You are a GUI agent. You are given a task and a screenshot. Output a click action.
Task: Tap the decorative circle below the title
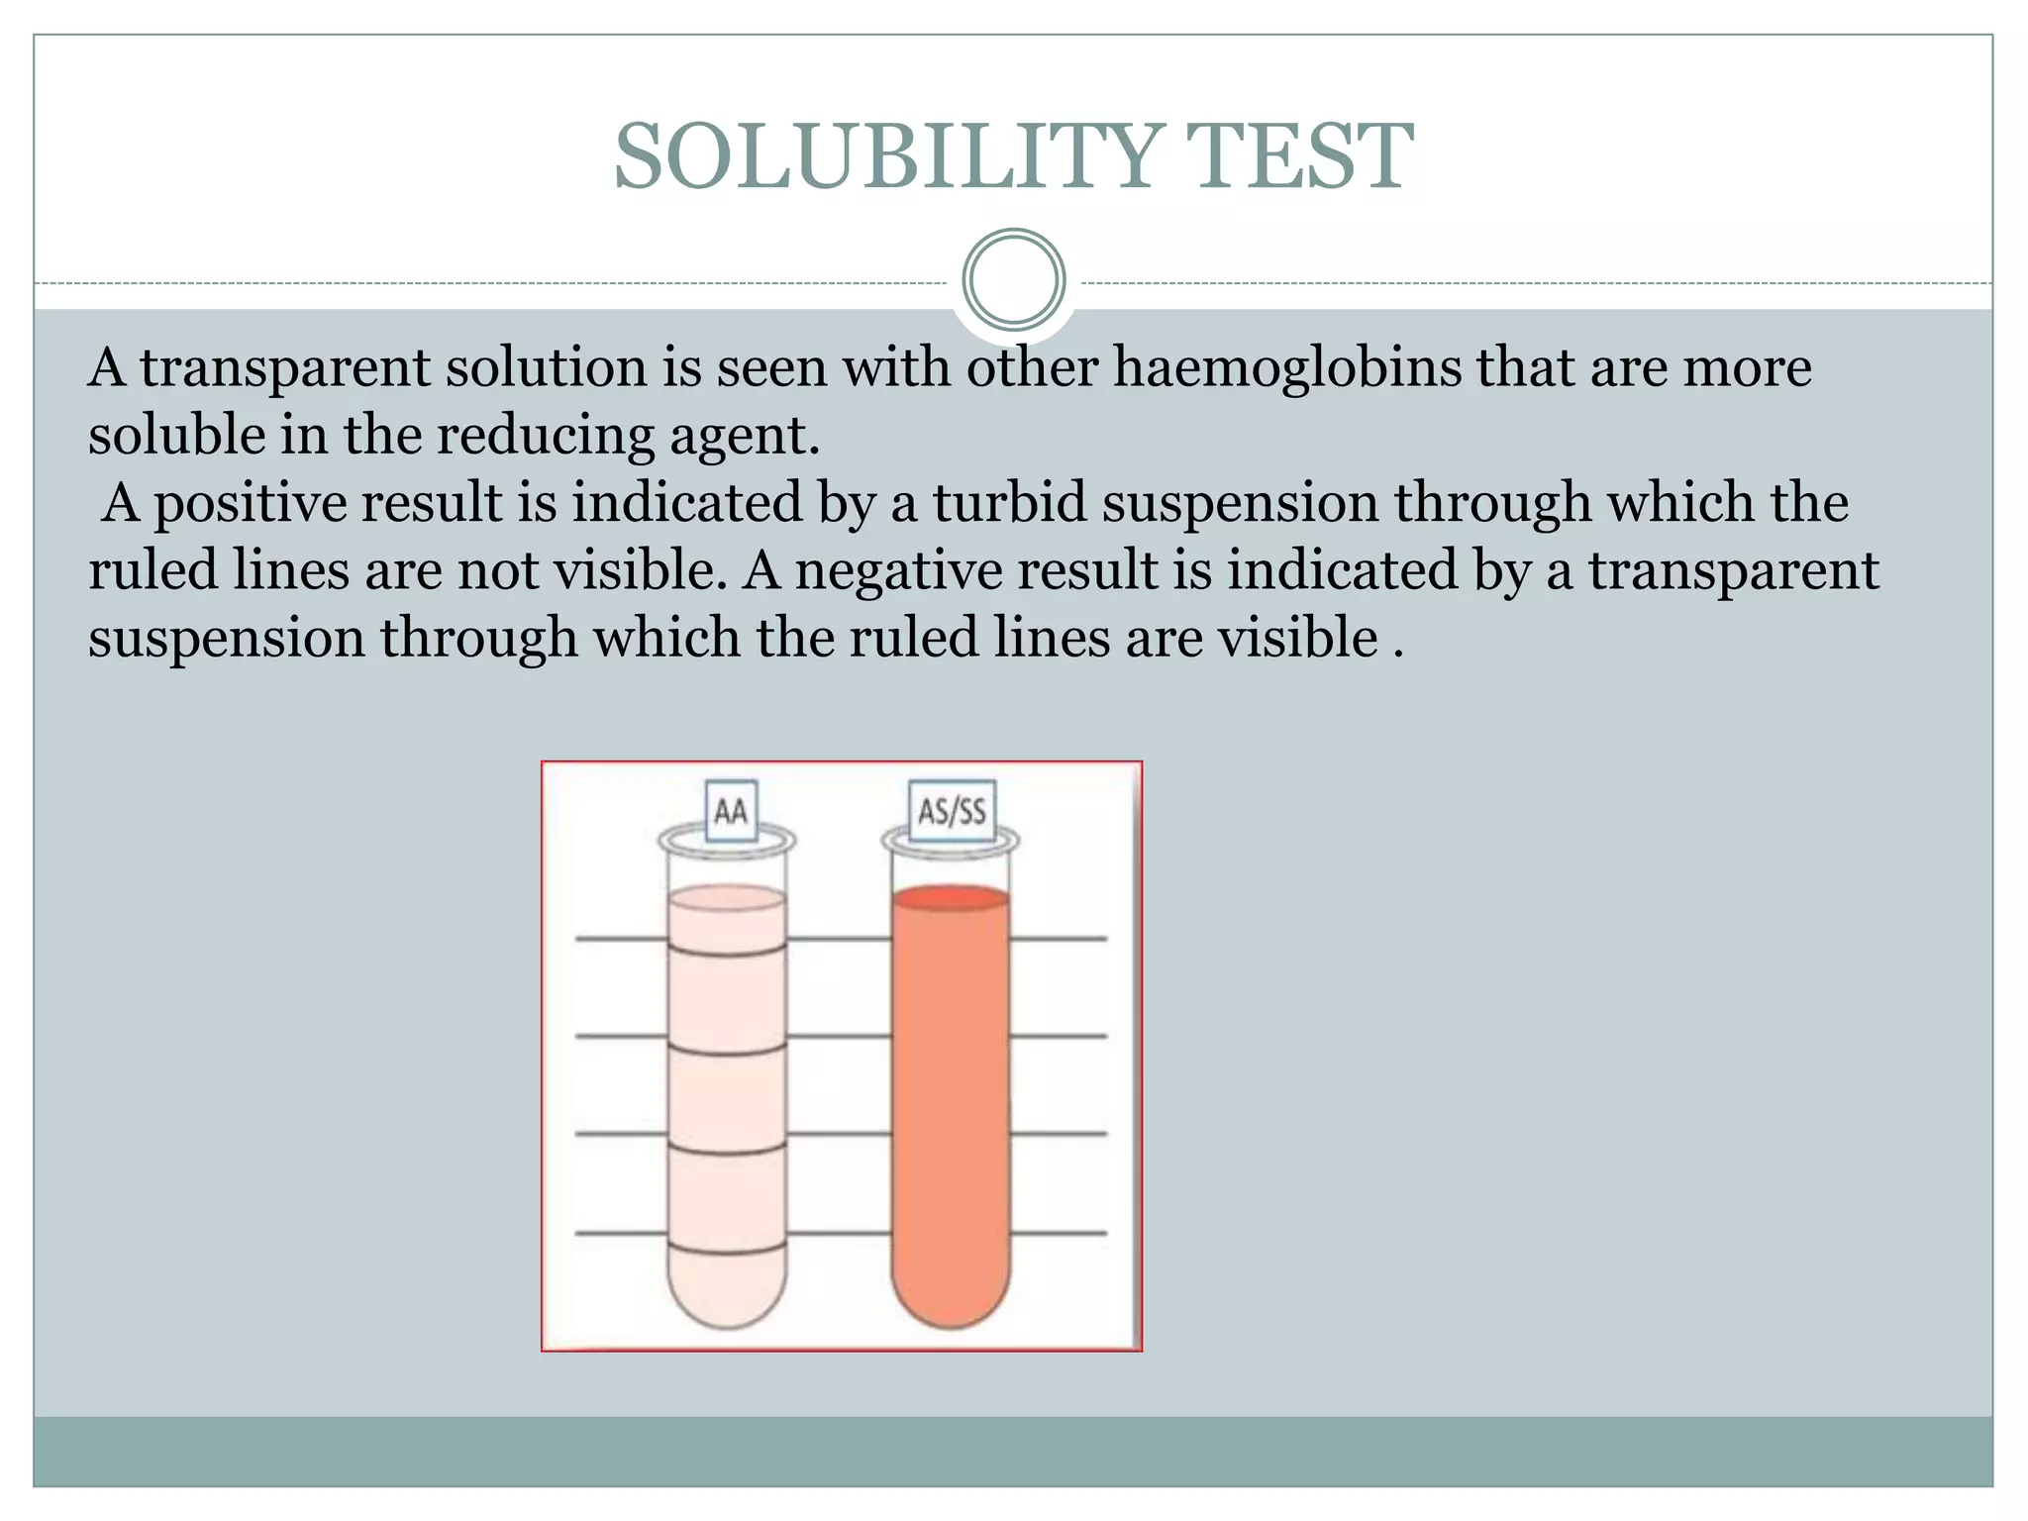point(1014,279)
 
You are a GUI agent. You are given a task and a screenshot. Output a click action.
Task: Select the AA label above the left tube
point(731,812)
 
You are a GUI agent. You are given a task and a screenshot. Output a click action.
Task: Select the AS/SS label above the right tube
point(952,812)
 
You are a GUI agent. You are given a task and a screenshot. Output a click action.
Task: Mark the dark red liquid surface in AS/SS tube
point(952,898)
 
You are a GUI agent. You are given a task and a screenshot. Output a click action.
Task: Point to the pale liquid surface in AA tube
point(728,898)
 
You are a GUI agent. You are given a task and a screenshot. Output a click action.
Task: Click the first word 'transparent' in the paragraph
point(284,368)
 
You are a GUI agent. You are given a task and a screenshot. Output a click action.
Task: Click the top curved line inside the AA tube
point(728,952)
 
